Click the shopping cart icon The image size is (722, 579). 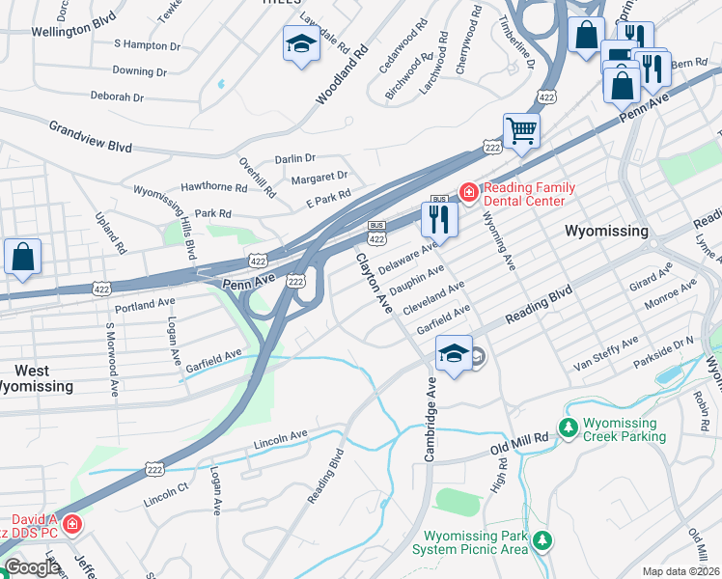pyautogui.click(x=521, y=129)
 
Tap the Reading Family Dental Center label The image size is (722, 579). pyautogui.click(x=530, y=195)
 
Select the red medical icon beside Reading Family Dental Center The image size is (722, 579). pyautogui.click(x=469, y=193)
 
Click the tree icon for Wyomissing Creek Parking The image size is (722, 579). pyautogui.click(x=569, y=428)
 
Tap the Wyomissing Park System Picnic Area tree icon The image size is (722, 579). pyautogui.click(x=543, y=540)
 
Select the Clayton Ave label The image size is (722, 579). pyautogui.click(x=375, y=283)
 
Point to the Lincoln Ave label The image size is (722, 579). pyautogui.click(x=280, y=437)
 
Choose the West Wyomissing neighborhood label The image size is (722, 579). pyautogui.click(x=37, y=378)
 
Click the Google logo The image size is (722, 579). pyautogui.click(x=31, y=567)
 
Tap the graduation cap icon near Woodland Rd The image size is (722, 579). pyautogui.click(x=301, y=43)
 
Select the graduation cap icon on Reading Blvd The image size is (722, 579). pyautogui.click(x=454, y=353)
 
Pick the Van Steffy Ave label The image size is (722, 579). pyautogui.click(x=606, y=354)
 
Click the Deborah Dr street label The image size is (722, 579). pyautogui.click(x=117, y=97)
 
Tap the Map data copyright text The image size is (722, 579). pyautogui.click(x=680, y=571)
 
